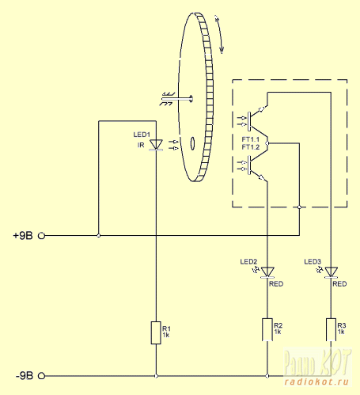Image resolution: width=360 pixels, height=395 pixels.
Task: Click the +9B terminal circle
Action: click(x=41, y=235)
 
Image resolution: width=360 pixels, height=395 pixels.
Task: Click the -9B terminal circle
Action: click(x=41, y=376)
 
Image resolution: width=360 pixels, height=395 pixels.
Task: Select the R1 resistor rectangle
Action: click(x=156, y=332)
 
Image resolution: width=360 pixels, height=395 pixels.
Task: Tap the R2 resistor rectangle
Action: click(x=267, y=329)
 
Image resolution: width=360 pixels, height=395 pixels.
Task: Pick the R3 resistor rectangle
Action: click(x=331, y=329)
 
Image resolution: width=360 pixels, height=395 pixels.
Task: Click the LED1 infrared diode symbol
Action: click(x=156, y=145)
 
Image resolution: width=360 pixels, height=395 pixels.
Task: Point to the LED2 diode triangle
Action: click(x=267, y=272)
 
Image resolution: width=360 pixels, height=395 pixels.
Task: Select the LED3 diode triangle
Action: click(x=331, y=272)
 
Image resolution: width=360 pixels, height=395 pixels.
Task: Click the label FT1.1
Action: click(x=251, y=139)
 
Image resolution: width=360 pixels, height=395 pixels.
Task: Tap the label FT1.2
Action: click(x=251, y=147)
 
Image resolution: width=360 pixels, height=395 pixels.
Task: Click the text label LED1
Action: click(x=142, y=135)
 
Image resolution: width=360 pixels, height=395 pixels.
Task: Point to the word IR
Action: click(x=141, y=145)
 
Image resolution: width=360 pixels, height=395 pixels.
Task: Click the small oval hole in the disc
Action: click(x=193, y=143)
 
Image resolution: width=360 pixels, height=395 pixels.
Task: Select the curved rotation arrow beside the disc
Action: click(x=220, y=34)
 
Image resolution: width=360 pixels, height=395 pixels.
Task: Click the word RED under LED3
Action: click(x=339, y=284)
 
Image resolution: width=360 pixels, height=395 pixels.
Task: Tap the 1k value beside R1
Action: click(x=166, y=335)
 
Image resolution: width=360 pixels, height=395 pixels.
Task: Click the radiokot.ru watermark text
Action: click(x=317, y=382)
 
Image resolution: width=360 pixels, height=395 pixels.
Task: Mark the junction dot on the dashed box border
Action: click(x=299, y=207)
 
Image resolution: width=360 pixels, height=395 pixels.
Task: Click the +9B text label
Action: click(x=23, y=235)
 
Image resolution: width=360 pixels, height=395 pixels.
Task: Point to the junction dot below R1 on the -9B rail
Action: click(x=156, y=376)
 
